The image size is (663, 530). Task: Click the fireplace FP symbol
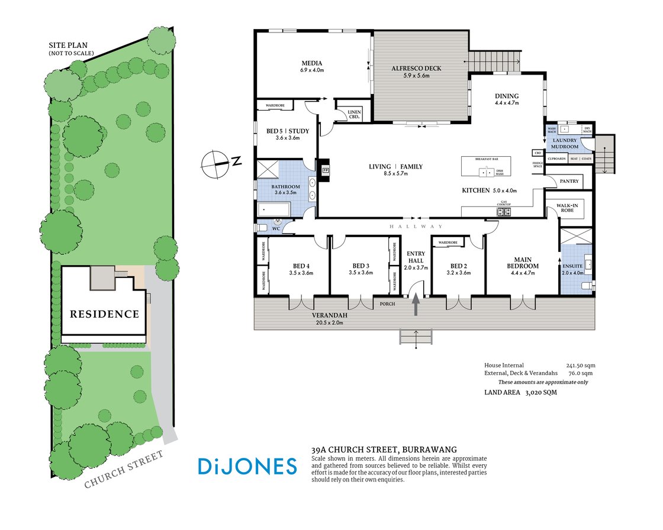point(324,170)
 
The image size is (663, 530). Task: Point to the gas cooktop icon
point(504,211)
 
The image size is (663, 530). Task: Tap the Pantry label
point(568,181)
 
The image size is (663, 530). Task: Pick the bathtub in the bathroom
point(273,208)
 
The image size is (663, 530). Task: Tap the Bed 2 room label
point(459,269)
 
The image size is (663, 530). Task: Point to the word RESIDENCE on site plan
point(104,314)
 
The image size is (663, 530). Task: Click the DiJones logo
point(246,466)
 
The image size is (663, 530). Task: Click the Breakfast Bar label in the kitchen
point(487,160)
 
